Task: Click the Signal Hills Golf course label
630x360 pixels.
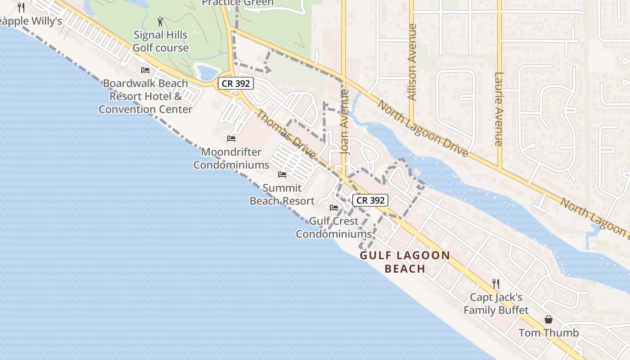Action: tap(161, 41)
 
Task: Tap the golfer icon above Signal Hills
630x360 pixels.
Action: tap(160, 21)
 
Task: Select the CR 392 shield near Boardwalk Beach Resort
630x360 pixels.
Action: tap(236, 83)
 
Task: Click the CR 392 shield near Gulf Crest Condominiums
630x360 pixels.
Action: tap(370, 200)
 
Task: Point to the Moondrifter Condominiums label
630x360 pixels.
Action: tap(231, 158)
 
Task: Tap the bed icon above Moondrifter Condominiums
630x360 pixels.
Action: tap(231, 138)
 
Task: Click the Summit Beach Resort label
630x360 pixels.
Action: tap(282, 194)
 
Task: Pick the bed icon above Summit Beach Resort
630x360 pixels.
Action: tap(282, 174)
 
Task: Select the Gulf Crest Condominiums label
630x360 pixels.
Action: tap(334, 227)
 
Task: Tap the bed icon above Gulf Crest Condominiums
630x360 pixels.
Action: tap(334, 207)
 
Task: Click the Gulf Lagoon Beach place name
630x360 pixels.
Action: tap(405, 262)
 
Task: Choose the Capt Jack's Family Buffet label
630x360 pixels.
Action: tap(496, 304)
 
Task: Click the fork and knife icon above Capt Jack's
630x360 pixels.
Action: tap(496, 283)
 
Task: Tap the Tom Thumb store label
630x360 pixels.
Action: tap(549, 333)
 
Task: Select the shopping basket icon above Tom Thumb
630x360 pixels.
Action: tap(549, 319)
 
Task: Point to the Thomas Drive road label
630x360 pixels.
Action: tap(286, 134)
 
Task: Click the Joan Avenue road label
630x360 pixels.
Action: tap(345, 122)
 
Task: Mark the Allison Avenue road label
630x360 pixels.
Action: tap(412, 62)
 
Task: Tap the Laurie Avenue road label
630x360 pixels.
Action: tap(499, 109)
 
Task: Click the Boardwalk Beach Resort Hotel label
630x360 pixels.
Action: tap(145, 96)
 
